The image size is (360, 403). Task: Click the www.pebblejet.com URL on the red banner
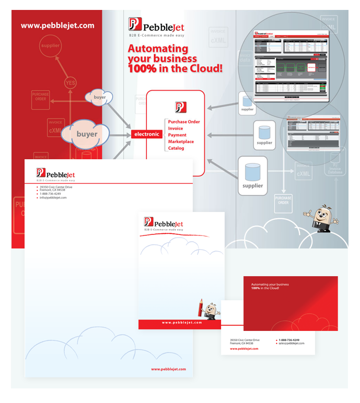(57, 25)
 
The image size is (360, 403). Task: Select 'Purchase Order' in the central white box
(184, 122)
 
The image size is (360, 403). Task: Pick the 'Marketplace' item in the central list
(181, 141)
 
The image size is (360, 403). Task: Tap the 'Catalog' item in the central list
(176, 148)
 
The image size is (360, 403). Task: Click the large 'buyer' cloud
(87, 134)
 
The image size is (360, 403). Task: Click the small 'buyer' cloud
(99, 97)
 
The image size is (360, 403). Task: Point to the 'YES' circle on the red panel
(70, 83)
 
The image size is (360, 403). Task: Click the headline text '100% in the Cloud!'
(176, 68)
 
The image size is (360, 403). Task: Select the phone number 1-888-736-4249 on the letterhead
(50, 194)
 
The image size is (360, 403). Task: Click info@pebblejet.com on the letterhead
(53, 198)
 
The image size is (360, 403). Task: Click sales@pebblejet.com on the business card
(292, 343)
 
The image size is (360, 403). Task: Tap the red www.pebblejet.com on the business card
(244, 349)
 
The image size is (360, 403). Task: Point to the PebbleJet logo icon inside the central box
(181, 107)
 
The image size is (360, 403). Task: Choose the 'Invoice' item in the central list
(176, 128)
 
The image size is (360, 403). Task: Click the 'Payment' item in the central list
(177, 135)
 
